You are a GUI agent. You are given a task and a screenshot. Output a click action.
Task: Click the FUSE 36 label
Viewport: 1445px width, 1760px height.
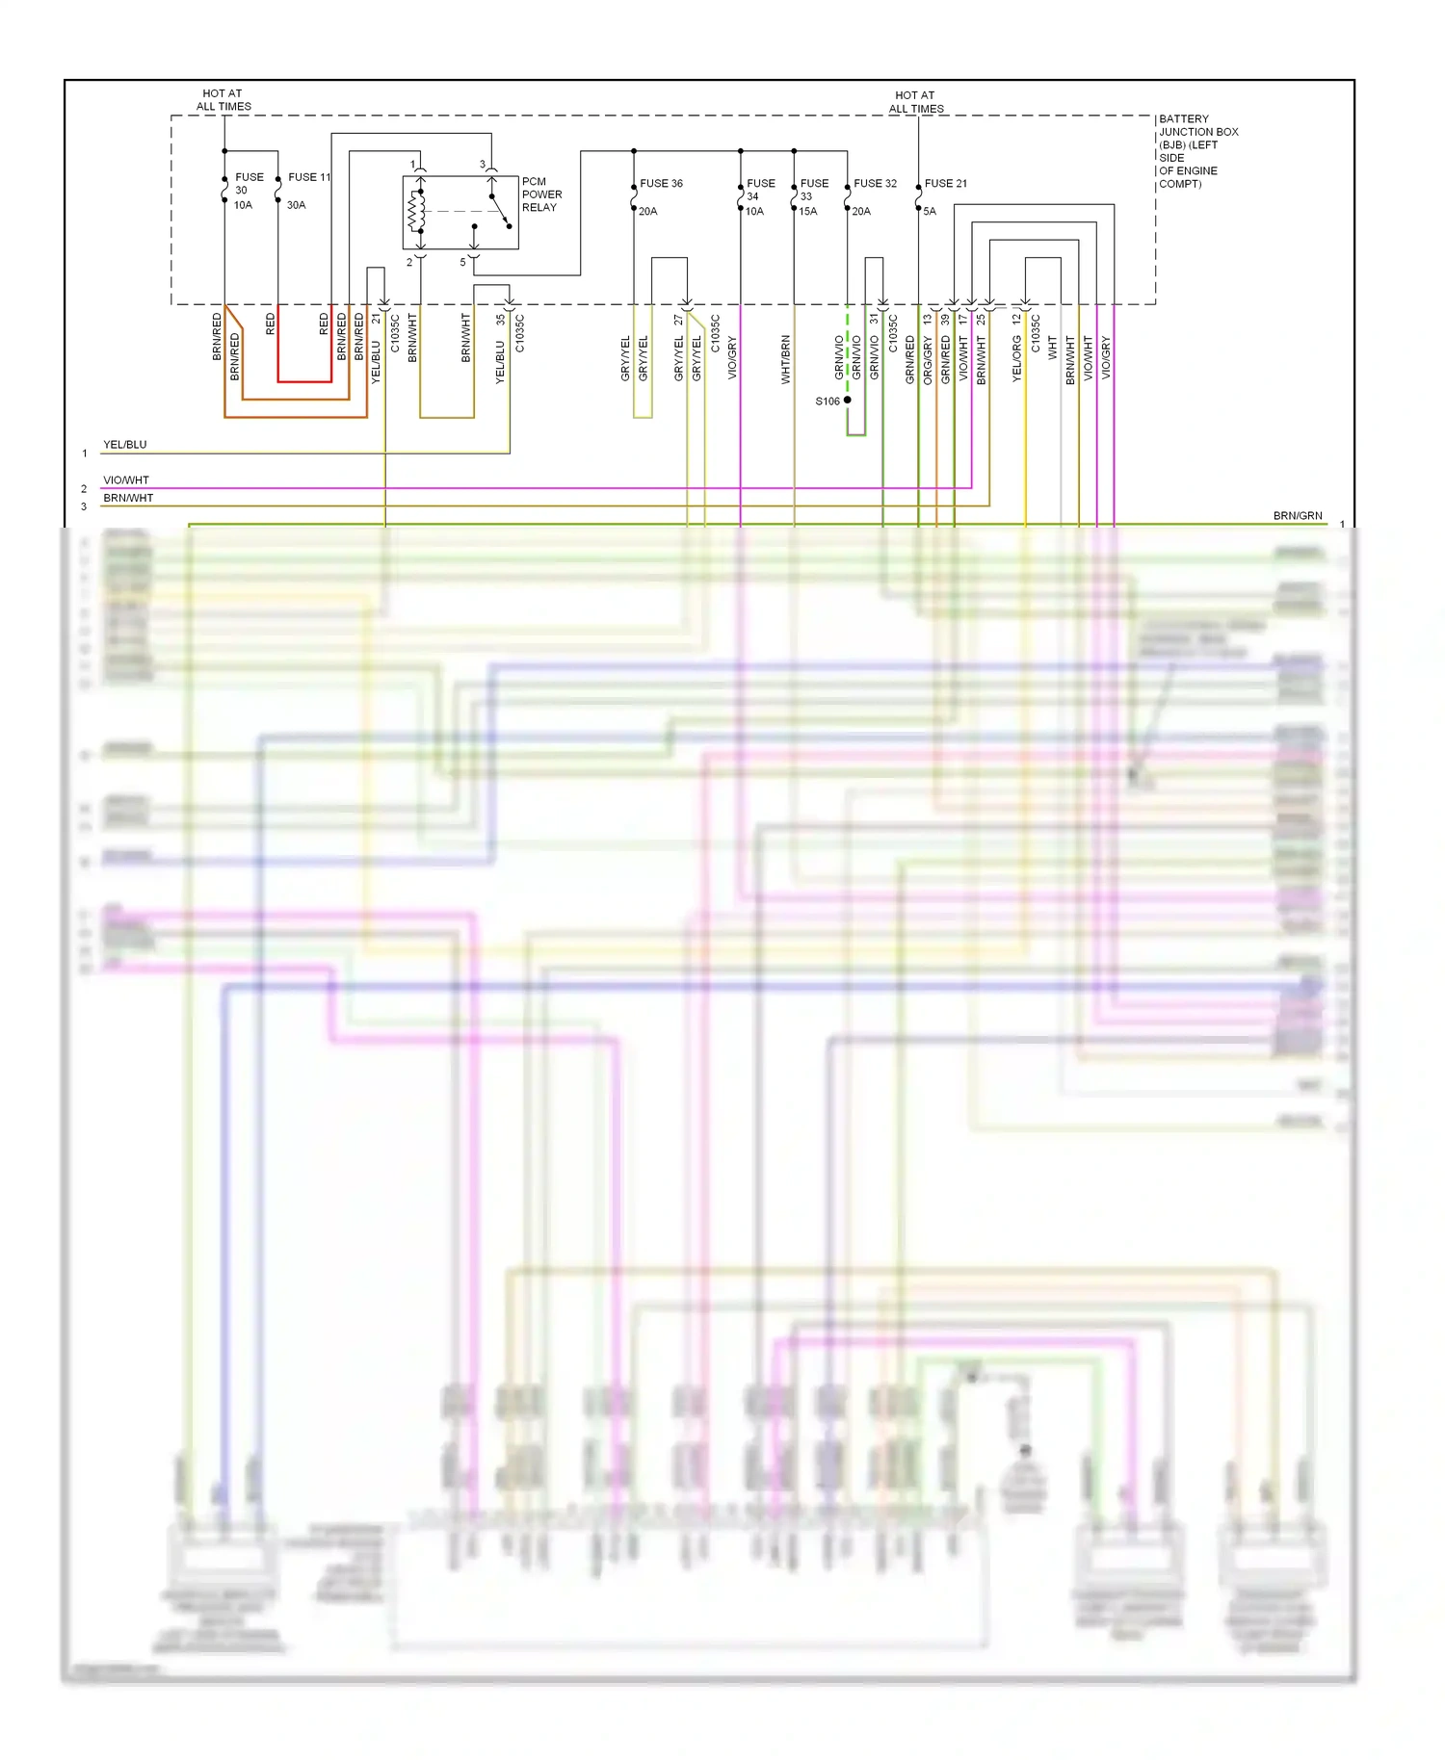click(x=661, y=183)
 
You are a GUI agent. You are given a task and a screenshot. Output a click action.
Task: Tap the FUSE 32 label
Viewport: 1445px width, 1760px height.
click(x=875, y=183)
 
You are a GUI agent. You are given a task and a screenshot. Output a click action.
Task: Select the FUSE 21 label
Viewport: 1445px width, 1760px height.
click(x=945, y=183)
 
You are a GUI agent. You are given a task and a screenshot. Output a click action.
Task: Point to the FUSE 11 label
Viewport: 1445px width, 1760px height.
click(x=309, y=177)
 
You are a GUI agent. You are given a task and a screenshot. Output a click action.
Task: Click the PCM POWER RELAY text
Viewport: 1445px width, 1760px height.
click(x=541, y=194)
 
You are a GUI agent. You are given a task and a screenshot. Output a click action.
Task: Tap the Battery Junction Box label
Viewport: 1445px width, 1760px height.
click(x=1197, y=151)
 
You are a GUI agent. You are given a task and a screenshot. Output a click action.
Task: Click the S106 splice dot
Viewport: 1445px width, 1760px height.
click(x=847, y=400)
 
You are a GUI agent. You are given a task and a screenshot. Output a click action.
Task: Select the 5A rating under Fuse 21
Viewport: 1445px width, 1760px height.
click(x=930, y=211)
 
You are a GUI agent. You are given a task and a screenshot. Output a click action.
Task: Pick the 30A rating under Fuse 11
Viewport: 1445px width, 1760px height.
click(x=296, y=205)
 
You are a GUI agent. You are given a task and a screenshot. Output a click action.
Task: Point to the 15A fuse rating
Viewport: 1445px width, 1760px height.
click(x=807, y=211)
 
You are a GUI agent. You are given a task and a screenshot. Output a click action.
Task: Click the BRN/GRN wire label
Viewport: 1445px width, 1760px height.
click(x=1298, y=516)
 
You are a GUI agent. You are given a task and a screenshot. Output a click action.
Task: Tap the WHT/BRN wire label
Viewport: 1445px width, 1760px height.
click(x=785, y=360)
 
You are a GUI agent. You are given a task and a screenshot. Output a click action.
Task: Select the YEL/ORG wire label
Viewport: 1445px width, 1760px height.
click(x=1016, y=359)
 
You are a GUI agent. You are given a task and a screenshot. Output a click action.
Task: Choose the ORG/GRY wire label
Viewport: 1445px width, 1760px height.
click(x=928, y=360)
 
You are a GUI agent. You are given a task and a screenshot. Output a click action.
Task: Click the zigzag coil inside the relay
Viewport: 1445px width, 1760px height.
click(x=416, y=212)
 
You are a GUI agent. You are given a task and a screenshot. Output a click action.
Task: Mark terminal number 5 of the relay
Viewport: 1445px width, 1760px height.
click(x=462, y=262)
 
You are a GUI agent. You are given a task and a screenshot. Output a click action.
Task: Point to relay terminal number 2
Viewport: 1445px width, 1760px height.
click(x=409, y=262)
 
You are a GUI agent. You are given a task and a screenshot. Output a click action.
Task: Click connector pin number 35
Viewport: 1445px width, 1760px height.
click(x=500, y=319)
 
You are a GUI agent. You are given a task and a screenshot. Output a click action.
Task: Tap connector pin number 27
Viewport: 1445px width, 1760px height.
click(x=678, y=319)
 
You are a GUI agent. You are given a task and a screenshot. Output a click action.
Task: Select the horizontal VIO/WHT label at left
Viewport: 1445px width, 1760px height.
click(x=126, y=480)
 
